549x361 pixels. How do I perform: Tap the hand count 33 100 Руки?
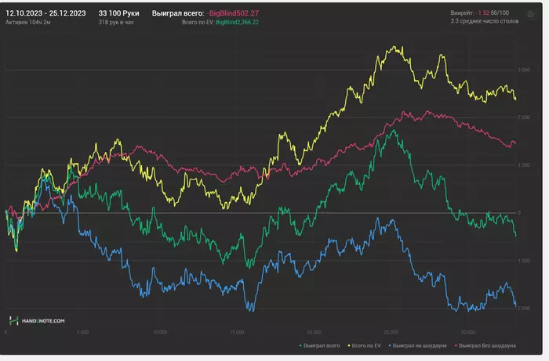[118, 13]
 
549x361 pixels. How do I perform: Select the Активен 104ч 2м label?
[28, 23]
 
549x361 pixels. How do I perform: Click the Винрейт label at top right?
[463, 13]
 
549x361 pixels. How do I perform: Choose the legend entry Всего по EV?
[364, 345]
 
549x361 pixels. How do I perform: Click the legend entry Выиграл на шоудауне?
[416, 345]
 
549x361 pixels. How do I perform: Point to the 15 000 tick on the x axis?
[238, 332]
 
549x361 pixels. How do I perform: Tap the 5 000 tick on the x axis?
[83, 332]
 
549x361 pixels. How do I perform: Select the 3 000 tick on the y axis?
[524, 70]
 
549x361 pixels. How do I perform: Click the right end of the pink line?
[514, 143]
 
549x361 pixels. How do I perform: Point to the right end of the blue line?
[515, 306]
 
